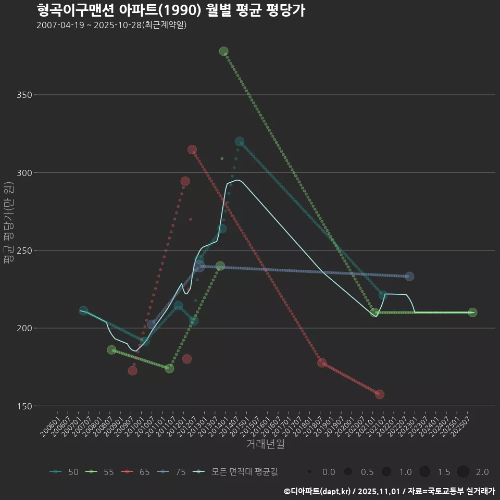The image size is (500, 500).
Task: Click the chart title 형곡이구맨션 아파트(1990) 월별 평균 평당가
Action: tap(171, 10)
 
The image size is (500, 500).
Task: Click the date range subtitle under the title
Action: tap(111, 25)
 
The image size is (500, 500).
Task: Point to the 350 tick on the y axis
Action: tap(24, 95)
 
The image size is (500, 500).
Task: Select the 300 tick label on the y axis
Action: tap(24, 172)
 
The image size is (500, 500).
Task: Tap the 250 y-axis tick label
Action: tap(24, 251)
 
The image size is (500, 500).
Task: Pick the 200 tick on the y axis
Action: tap(24, 328)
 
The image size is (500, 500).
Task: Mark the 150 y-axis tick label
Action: tap(24, 406)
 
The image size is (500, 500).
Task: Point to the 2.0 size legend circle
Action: tap(464, 472)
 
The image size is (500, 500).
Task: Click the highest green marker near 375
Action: tap(224, 51)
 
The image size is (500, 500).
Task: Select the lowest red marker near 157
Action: tap(380, 394)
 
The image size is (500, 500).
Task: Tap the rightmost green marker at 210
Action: tap(472, 312)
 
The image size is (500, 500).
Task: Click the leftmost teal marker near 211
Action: tap(83, 310)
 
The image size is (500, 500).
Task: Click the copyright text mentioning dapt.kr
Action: tap(389, 491)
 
